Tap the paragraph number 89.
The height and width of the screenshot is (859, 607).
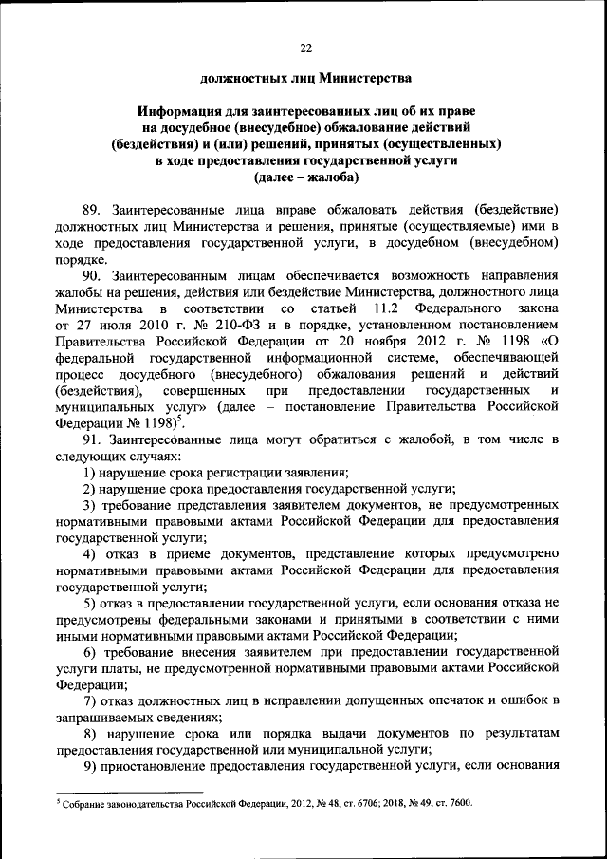click(x=92, y=208)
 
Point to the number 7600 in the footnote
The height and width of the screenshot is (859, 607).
click(x=454, y=804)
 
